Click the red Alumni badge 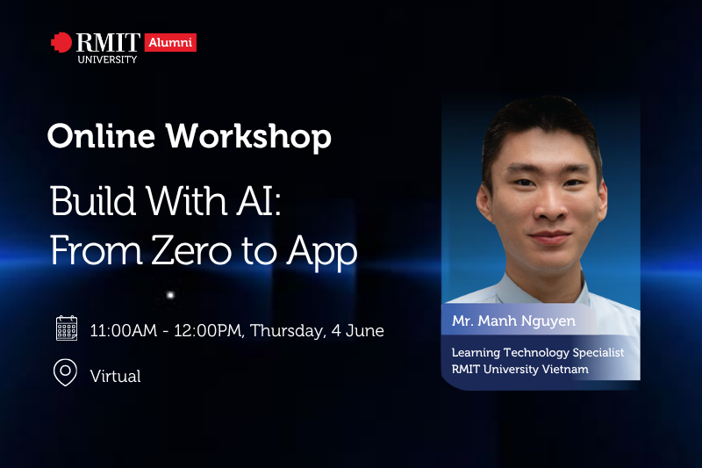pos(170,42)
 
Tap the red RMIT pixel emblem pos(61,42)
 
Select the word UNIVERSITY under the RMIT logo pos(107,60)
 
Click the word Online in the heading pos(101,136)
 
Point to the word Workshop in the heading pos(249,137)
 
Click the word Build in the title pos(93,201)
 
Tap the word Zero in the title pos(191,251)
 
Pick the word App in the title pos(322,253)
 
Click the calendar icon pos(67,328)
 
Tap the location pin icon pos(65,372)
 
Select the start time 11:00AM pos(124,330)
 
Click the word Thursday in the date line pos(288,331)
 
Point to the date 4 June pos(358,330)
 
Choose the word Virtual pos(116,376)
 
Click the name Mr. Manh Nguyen pos(513,321)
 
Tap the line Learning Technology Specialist pos(538,353)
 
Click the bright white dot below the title pos(170,295)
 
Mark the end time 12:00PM pos(209,331)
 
